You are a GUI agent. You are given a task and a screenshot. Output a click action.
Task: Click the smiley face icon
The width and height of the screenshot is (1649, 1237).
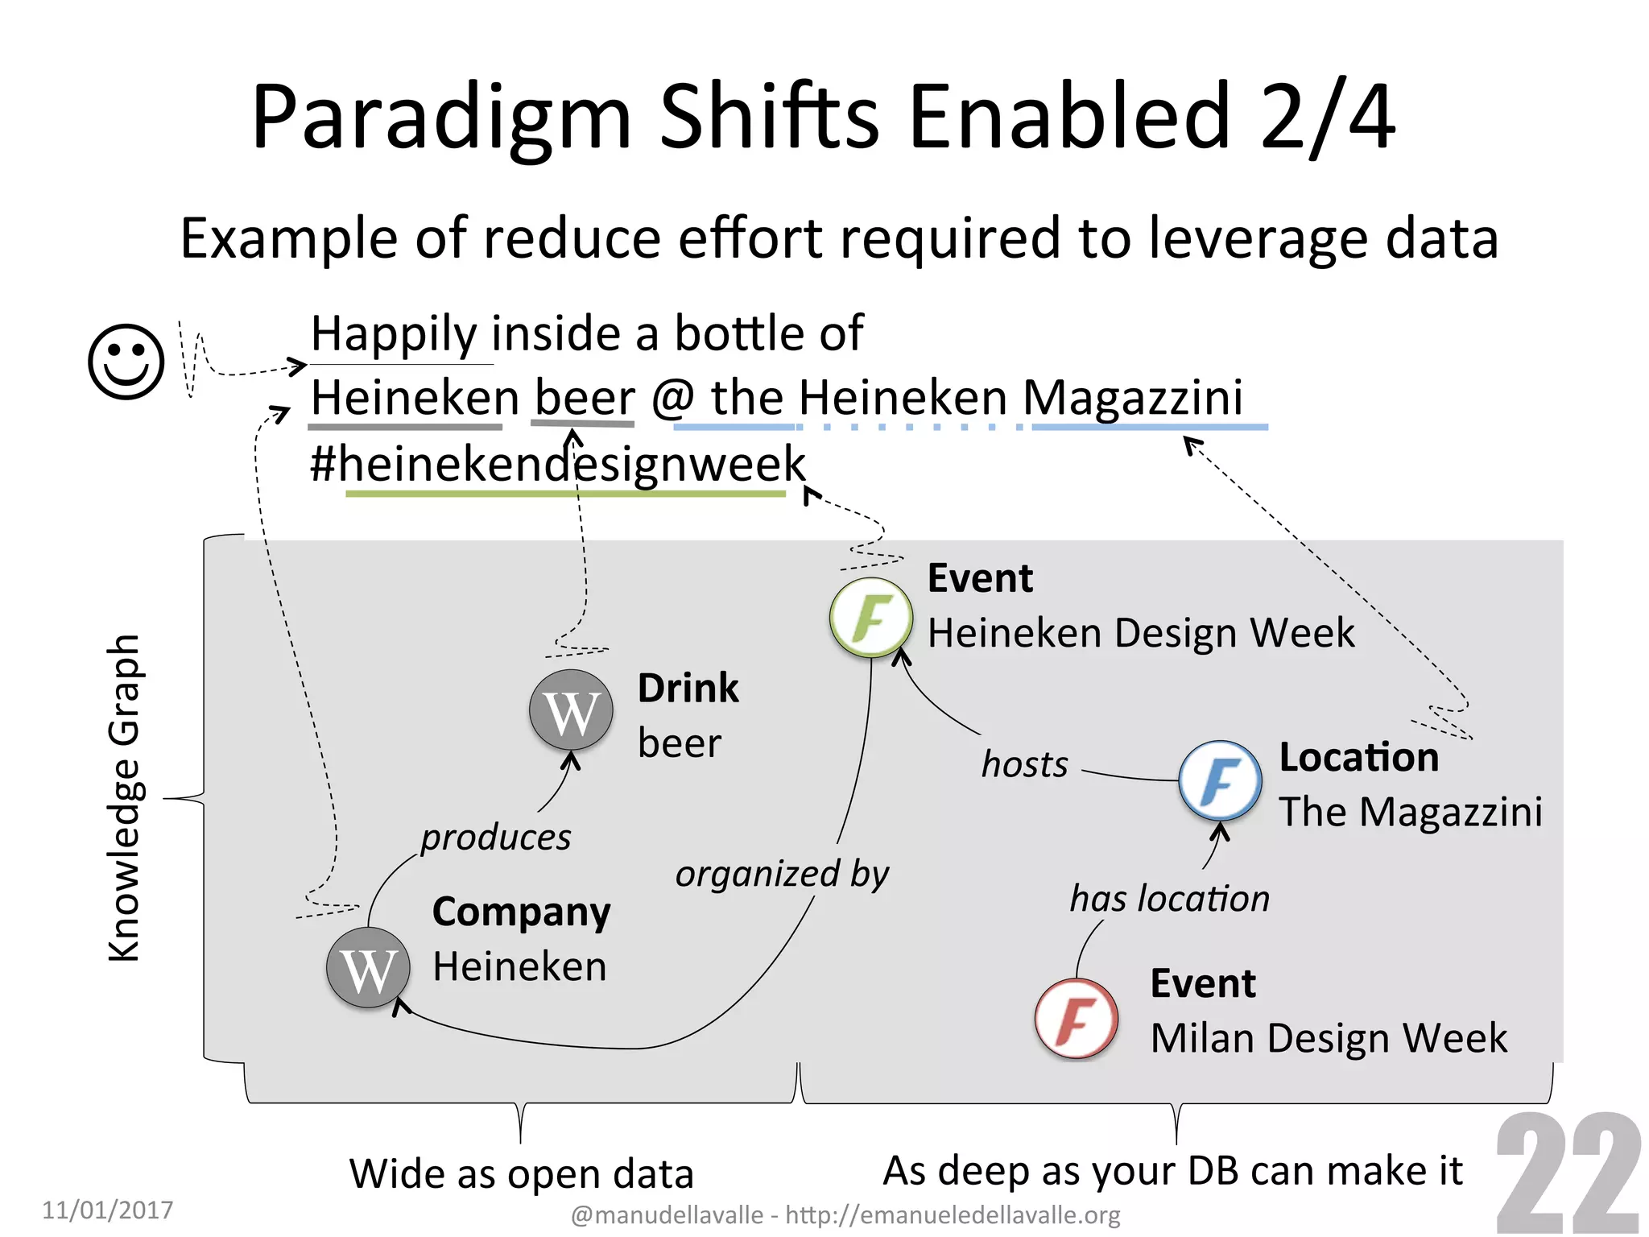[x=126, y=362]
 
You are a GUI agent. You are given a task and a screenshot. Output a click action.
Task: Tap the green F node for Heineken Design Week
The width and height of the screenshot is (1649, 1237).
[x=871, y=618]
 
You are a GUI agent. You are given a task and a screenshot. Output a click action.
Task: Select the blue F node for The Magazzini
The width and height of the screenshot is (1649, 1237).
[x=1220, y=780]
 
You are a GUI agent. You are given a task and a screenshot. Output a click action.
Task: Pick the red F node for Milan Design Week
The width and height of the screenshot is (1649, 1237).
[x=1077, y=1018]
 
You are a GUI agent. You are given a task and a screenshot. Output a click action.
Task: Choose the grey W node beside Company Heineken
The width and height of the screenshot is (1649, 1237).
[x=368, y=968]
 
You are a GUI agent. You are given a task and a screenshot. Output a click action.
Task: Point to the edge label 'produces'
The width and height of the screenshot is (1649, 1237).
[x=495, y=838]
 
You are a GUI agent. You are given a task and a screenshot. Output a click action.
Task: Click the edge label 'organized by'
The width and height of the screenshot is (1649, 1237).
[x=782, y=875]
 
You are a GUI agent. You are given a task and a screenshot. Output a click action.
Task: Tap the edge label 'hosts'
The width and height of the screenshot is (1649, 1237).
[x=1024, y=764]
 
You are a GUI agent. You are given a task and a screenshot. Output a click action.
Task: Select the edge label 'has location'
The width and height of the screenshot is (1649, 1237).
[x=1169, y=899]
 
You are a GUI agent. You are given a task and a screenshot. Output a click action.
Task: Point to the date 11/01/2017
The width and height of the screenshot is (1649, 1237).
[x=107, y=1210]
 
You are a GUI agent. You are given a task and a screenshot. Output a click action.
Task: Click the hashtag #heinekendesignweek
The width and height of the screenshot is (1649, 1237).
[x=558, y=465]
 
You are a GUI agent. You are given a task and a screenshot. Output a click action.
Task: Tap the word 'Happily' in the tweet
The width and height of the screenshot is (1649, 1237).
[x=395, y=334]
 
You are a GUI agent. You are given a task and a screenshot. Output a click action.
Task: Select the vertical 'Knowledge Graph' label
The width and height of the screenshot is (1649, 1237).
[x=125, y=797]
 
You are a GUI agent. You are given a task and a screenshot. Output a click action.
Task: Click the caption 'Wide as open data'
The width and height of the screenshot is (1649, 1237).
[x=521, y=1173]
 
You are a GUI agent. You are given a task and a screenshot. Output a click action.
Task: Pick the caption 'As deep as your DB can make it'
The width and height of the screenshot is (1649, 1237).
[x=1172, y=1170]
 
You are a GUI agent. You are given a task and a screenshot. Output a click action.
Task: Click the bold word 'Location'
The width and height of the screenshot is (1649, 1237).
[x=1358, y=758]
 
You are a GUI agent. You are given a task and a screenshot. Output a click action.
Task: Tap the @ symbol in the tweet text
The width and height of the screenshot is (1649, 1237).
[x=673, y=399]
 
